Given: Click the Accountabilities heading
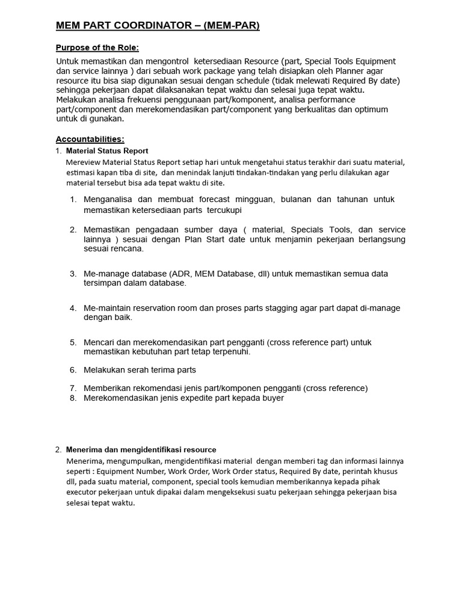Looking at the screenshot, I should pos(90,139).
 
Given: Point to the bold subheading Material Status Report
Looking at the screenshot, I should pos(107,151).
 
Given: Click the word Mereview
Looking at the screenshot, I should pos(84,162).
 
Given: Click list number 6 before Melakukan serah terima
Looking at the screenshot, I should pos(73,370).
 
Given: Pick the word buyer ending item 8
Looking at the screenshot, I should pos(272,398).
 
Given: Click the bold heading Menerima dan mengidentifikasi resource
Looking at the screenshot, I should pos(141,449).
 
